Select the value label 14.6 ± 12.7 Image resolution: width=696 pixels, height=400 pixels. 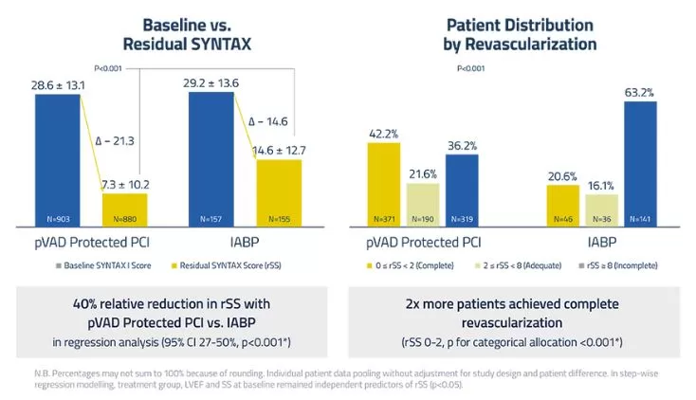[279, 150]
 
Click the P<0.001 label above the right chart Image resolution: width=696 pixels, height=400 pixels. [471, 68]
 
